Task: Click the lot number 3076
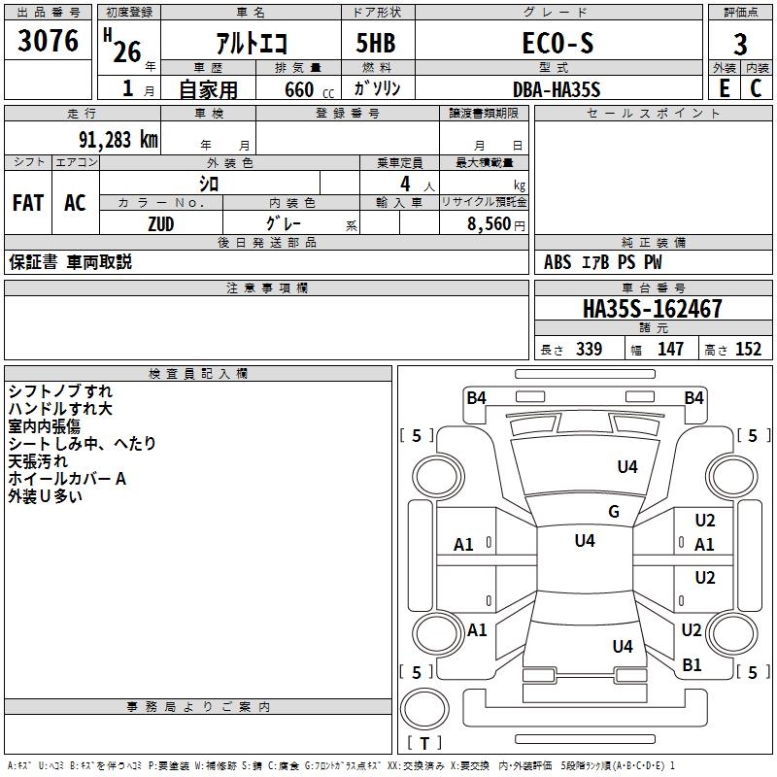48,40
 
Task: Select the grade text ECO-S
557,43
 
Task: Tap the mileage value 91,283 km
118,140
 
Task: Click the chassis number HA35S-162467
653,308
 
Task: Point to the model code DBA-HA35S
557,89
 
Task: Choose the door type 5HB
376,43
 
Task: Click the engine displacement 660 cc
309,90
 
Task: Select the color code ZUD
161,224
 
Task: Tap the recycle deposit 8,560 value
489,223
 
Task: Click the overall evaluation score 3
740,45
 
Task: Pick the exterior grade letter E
724,88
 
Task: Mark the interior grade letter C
756,88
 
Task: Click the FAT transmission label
28,203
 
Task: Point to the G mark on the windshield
614,512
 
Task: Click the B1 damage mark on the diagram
692,665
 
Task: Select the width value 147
670,349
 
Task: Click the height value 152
748,349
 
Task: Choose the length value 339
589,349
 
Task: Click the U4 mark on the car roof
585,541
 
